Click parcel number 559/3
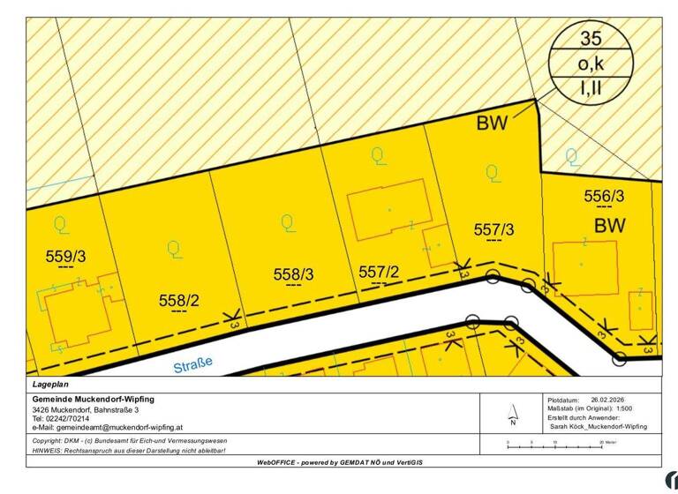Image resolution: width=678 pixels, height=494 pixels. (x=65, y=257)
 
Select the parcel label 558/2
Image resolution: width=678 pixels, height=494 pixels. (x=179, y=301)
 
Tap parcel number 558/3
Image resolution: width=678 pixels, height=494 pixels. (x=294, y=275)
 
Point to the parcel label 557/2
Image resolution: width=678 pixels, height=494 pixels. (x=380, y=273)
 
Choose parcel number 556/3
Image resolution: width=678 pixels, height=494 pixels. (x=605, y=196)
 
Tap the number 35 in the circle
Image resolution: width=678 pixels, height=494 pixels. (x=591, y=38)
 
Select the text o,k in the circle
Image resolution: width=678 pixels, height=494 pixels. (x=591, y=64)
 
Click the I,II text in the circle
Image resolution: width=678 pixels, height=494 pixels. (x=591, y=88)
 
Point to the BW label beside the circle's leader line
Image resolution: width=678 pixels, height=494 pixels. (x=493, y=123)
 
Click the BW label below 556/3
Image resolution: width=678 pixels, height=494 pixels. (x=609, y=226)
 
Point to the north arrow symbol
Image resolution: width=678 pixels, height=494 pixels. (x=512, y=412)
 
